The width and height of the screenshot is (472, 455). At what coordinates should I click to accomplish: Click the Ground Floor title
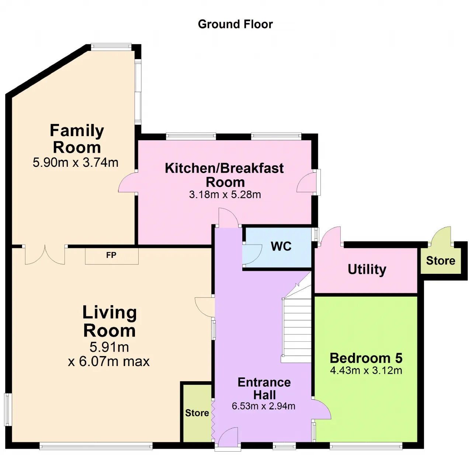coord(235,24)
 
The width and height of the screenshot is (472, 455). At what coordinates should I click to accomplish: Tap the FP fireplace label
coord(111,255)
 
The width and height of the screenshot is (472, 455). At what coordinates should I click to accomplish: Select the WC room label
coord(281,247)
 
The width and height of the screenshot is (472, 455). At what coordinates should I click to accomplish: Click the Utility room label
coord(367,270)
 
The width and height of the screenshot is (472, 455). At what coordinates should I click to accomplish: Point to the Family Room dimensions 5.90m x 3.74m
coord(76,163)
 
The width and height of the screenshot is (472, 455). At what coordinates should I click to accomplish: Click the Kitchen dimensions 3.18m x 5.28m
coord(225,194)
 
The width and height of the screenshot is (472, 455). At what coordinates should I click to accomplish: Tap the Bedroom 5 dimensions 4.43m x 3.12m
coord(366,370)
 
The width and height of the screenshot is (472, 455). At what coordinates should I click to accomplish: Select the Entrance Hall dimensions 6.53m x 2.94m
coord(264,406)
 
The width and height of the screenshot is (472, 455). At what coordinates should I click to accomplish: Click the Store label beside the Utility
coord(440,261)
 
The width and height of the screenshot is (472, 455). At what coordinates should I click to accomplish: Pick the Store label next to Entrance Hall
coord(197,413)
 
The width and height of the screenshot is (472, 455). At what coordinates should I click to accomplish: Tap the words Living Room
coord(110,321)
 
